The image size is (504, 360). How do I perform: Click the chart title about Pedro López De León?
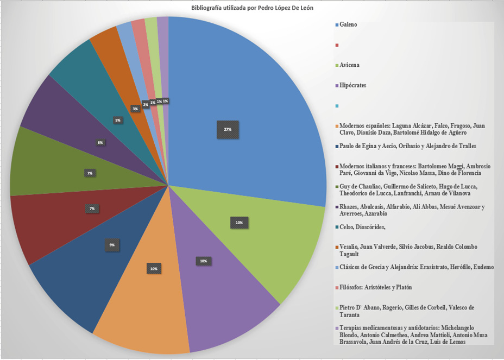pos(253,8)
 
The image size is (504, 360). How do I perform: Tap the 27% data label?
pos(228,130)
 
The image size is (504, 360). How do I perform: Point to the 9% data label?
pos(112,245)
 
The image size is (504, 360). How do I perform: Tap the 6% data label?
pos(100,142)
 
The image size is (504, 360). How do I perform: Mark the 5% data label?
pos(118,120)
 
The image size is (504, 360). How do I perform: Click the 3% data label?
pos(135,109)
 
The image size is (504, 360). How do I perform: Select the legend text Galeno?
pos(348,24)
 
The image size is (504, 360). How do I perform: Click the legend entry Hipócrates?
pos(352,85)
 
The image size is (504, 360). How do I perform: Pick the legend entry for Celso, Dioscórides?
pos(362,228)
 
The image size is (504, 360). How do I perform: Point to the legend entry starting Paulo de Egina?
pos(407,146)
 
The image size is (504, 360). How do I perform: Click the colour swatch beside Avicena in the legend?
pos(337,65)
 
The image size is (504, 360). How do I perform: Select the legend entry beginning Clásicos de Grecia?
pos(417,267)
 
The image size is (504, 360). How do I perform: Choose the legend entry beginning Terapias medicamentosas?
pos(413,334)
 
